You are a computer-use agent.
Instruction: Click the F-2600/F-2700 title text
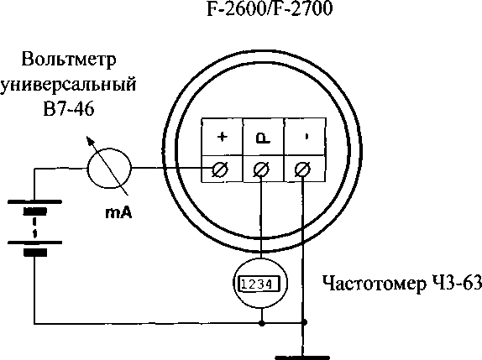[x=270, y=9]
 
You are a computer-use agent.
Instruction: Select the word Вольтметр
[x=69, y=60]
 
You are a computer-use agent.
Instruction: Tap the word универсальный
[x=68, y=85]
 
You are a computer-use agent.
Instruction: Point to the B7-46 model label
[x=69, y=109]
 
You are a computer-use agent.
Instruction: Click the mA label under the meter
[x=118, y=213]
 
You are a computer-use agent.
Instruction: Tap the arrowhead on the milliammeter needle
[x=90, y=141]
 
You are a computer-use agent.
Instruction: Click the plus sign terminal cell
[x=222, y=137]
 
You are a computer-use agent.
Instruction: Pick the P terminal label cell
[x=264, y=137]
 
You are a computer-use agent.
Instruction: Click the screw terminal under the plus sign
[x=220, y=169]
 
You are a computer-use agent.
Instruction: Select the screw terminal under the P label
[x=261, y=170]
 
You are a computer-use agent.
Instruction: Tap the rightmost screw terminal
[x=303, y=170]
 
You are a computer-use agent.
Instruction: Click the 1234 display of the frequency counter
[x=260, y=284]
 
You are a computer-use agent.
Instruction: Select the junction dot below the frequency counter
[x=262, y=323]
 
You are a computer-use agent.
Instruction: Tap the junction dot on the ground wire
[x=304, y=322]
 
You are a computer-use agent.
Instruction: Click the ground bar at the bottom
[x=302, y=357]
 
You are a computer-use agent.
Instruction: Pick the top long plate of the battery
[x=34, y=201]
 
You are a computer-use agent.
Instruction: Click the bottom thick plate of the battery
[x=35, y=253]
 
